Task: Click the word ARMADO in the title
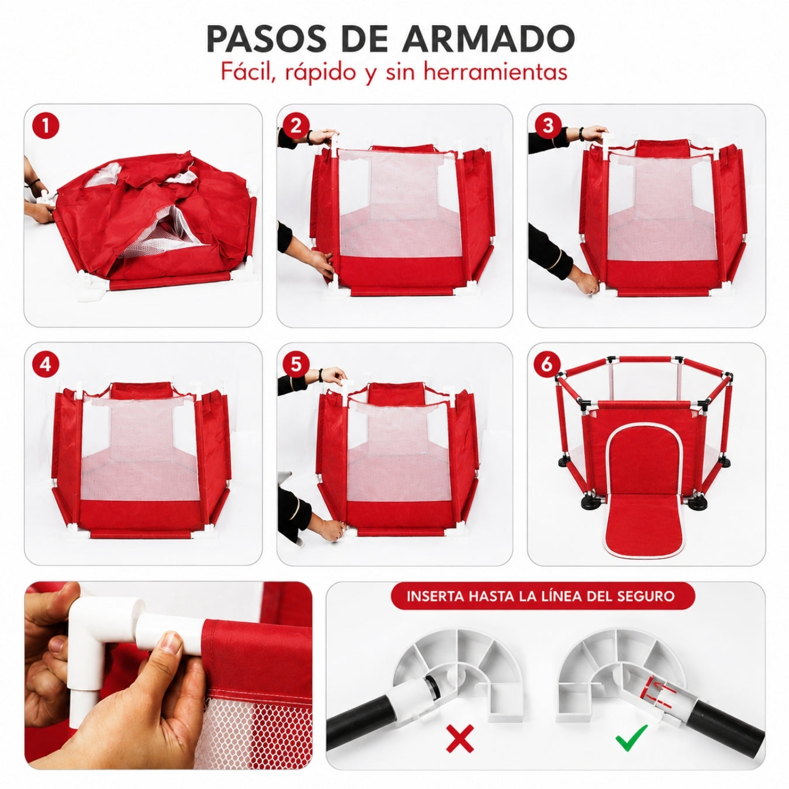click(487, 39)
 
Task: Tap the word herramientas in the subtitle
click(495, 72)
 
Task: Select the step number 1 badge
click(46, 126)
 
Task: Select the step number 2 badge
click(296, 126)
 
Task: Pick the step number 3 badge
click(548, 126)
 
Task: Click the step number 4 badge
click(46, 364)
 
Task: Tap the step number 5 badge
click(296, 364)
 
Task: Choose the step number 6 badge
click(548, 364)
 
